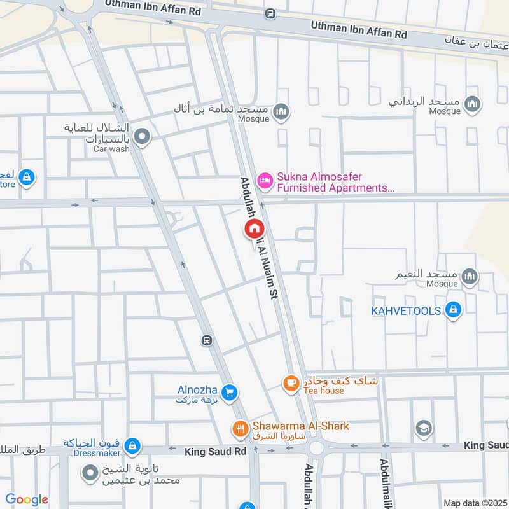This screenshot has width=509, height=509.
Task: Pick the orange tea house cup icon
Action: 291,383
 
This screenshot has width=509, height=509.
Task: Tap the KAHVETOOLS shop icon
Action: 453,310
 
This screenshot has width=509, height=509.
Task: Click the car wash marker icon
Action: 143,136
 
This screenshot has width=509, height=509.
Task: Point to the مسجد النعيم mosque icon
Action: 470,276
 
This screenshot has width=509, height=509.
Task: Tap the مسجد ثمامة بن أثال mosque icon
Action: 281,113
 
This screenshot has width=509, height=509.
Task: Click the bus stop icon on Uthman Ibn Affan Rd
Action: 270,13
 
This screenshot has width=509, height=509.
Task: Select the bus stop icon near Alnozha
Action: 206,340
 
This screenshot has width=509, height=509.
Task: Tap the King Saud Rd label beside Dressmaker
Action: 215,452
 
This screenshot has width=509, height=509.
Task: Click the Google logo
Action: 26,499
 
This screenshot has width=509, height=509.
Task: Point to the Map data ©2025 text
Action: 475,503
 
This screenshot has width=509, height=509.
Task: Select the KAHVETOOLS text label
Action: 407,311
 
